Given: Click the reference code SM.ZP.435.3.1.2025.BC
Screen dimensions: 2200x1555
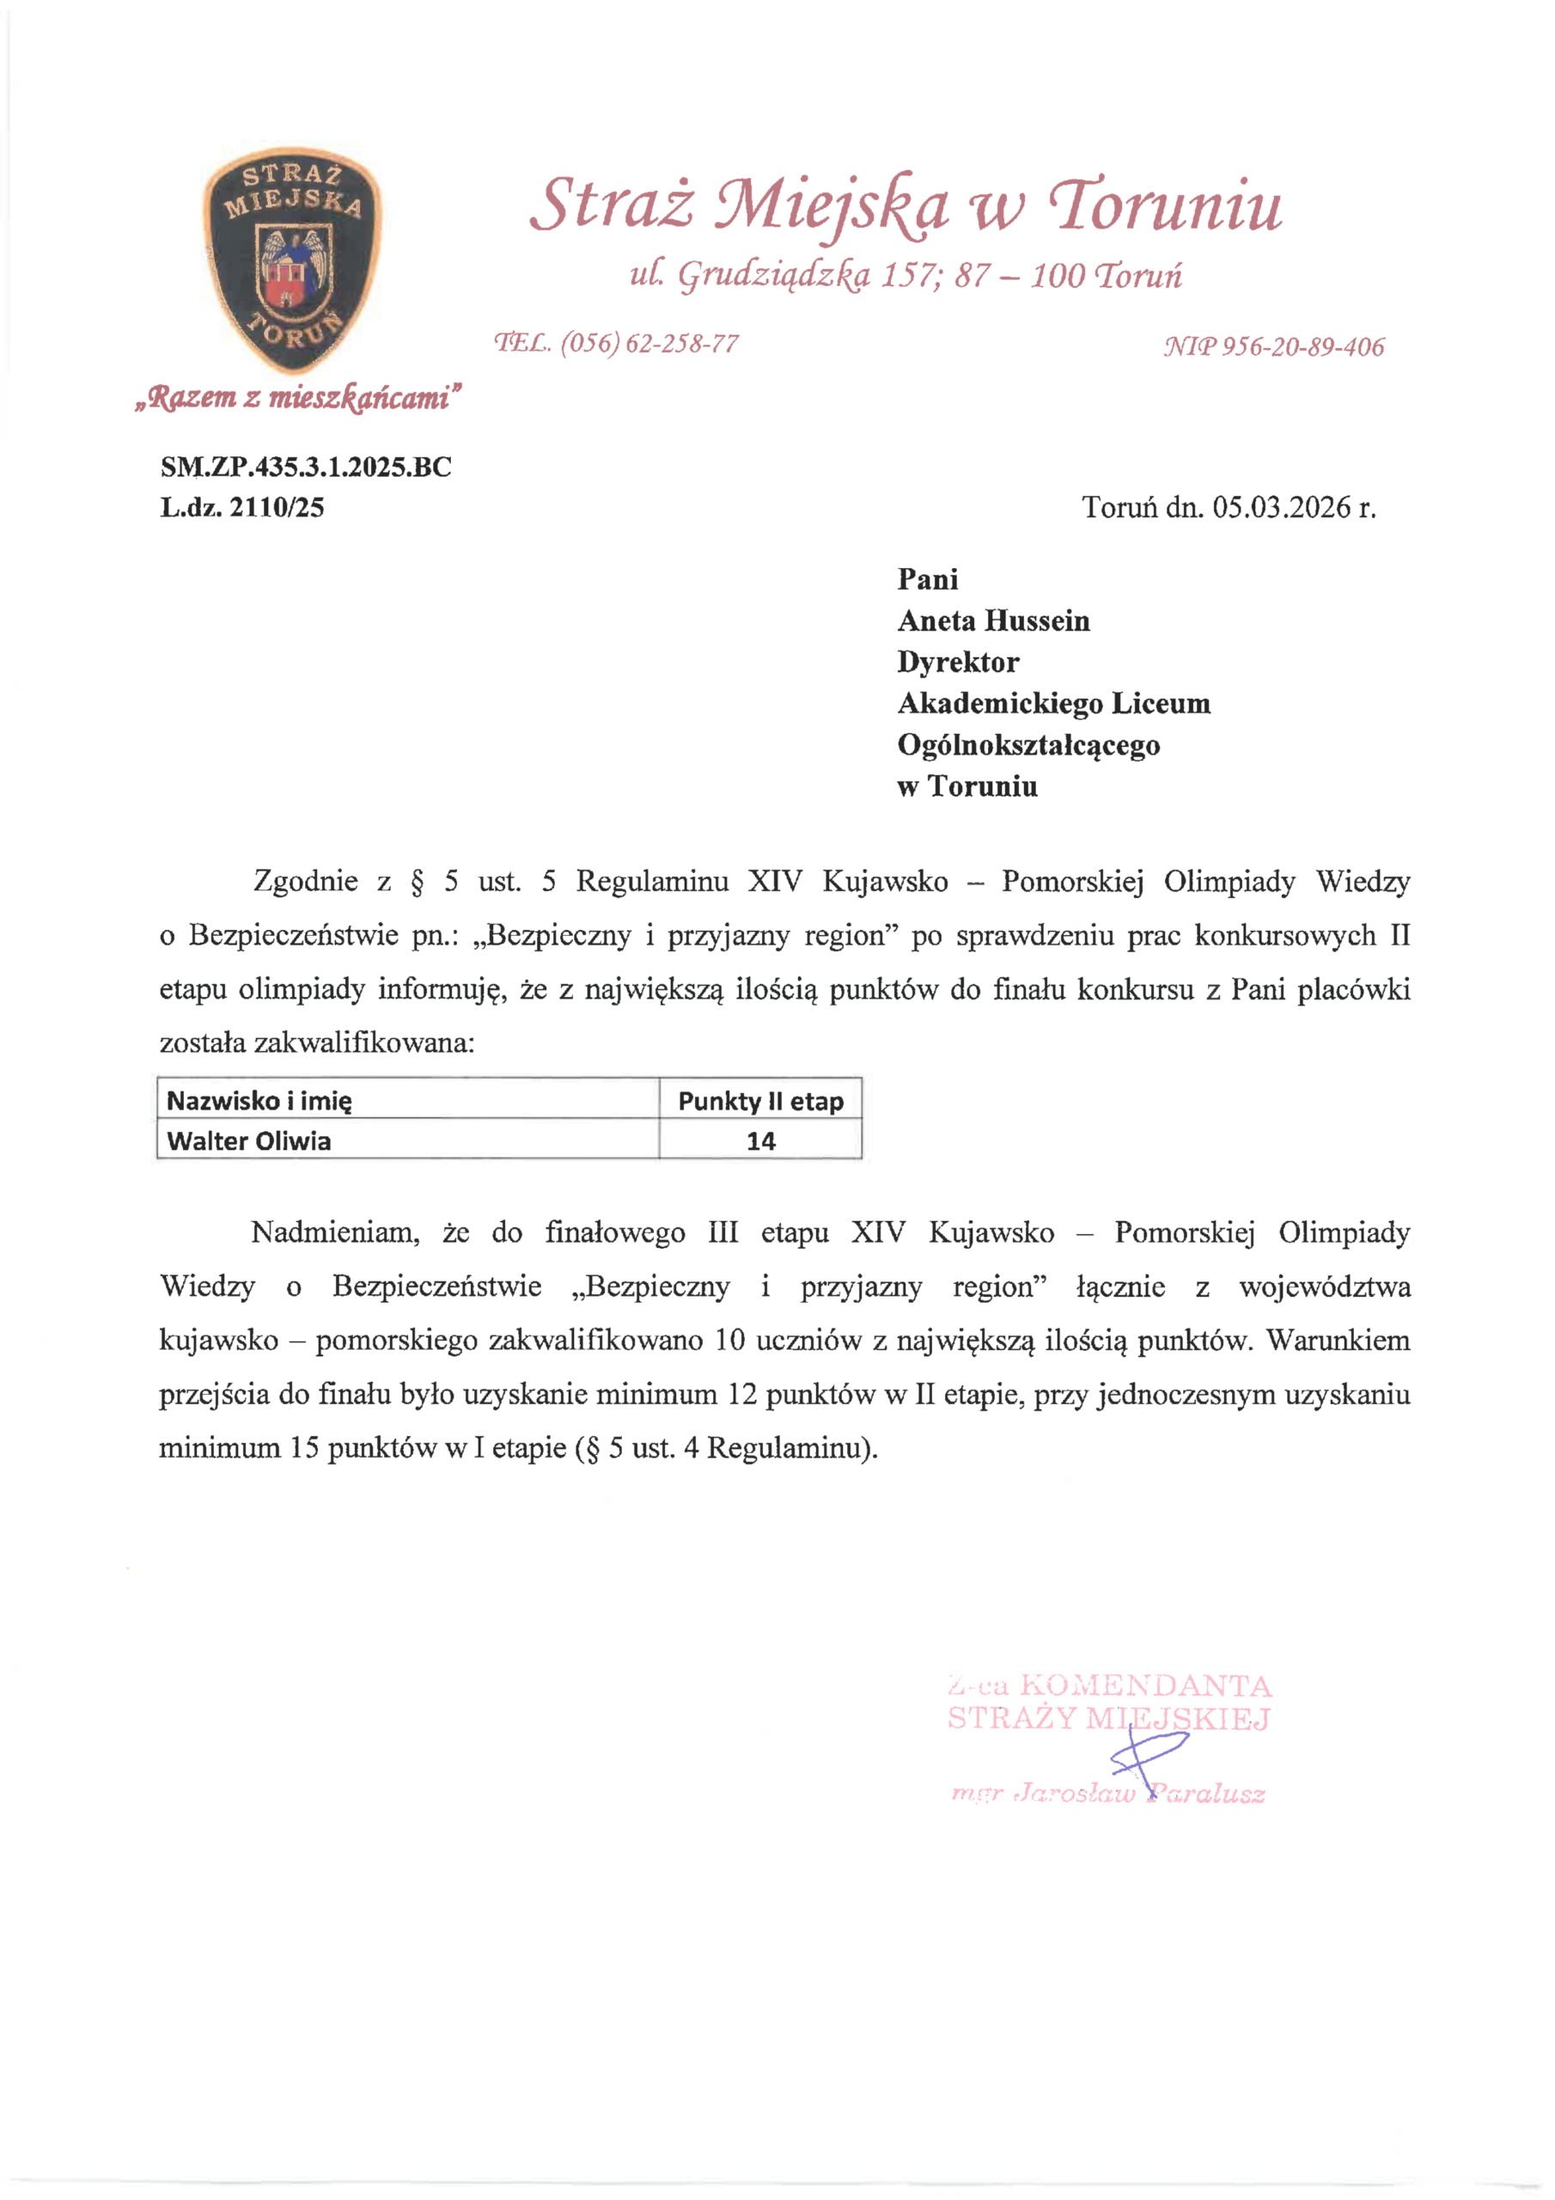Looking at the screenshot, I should point(306,467).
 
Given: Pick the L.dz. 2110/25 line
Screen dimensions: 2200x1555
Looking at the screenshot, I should point(242,507).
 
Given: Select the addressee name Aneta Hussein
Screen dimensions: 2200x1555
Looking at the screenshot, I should point(993,621).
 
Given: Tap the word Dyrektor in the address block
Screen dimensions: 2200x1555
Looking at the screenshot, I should point(958,662).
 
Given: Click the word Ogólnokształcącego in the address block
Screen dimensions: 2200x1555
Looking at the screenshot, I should point(1028,744).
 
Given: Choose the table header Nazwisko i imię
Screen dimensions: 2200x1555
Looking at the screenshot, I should point(259,1100).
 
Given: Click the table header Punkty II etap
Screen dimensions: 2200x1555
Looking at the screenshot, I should point(760,1101).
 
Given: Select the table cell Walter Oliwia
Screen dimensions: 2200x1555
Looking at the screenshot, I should point(249,1141).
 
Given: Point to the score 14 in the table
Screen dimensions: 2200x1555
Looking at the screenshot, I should point(760,1141).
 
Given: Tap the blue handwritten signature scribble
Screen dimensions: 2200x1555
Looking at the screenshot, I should point(1148,1757).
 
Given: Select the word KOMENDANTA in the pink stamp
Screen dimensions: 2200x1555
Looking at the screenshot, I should point(1145,1685).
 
